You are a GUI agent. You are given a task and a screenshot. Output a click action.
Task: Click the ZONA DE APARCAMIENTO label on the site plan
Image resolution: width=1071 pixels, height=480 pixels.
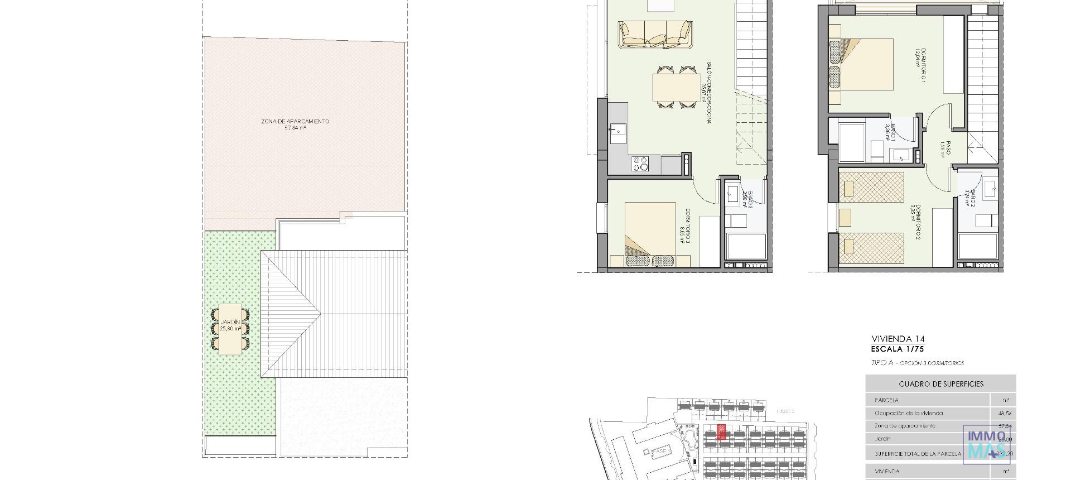coord(295,124)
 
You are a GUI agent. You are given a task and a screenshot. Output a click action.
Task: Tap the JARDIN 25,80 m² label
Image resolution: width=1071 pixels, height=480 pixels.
coord(230,325)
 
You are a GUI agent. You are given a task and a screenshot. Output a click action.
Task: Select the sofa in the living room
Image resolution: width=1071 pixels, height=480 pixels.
coord(655,34)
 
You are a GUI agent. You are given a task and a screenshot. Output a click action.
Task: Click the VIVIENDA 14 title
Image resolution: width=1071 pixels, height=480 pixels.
coord(894,339)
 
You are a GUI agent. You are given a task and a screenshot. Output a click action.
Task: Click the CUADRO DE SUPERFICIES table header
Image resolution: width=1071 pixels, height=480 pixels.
coord(940,384)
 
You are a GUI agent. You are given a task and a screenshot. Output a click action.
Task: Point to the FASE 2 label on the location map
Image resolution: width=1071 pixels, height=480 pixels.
coord(785,411)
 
